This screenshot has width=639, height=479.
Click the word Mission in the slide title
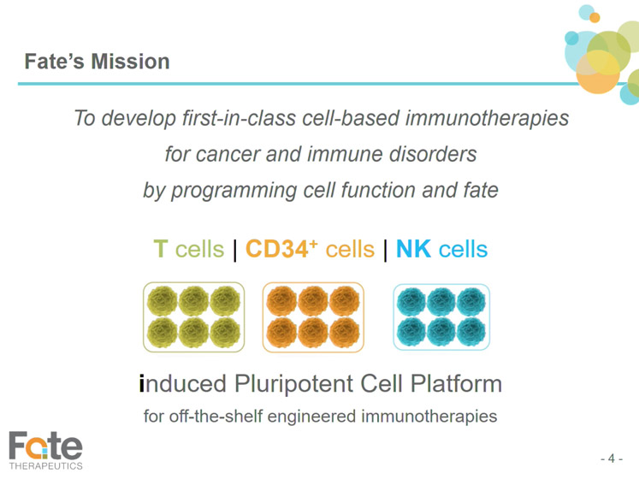(130, 62)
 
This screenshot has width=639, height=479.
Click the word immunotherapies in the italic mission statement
(487, 118)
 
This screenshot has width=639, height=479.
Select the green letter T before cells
(161, 249)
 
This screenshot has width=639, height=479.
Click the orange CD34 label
(276, 249)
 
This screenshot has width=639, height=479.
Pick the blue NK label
(413, 249)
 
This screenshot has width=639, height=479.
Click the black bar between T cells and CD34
(234, 251)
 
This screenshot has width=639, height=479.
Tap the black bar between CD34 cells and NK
(385, 251)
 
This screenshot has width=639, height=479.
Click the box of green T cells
(193, 316)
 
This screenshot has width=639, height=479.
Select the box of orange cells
(313, 316)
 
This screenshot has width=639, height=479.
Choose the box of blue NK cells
(441, 316)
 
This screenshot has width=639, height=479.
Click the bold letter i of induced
(142, 383)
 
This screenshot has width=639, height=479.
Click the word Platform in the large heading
(456, 383)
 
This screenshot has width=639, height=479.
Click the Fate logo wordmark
(45, 445)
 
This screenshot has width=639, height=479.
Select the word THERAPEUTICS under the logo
(45, 466)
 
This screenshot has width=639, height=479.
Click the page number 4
(612, 458)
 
